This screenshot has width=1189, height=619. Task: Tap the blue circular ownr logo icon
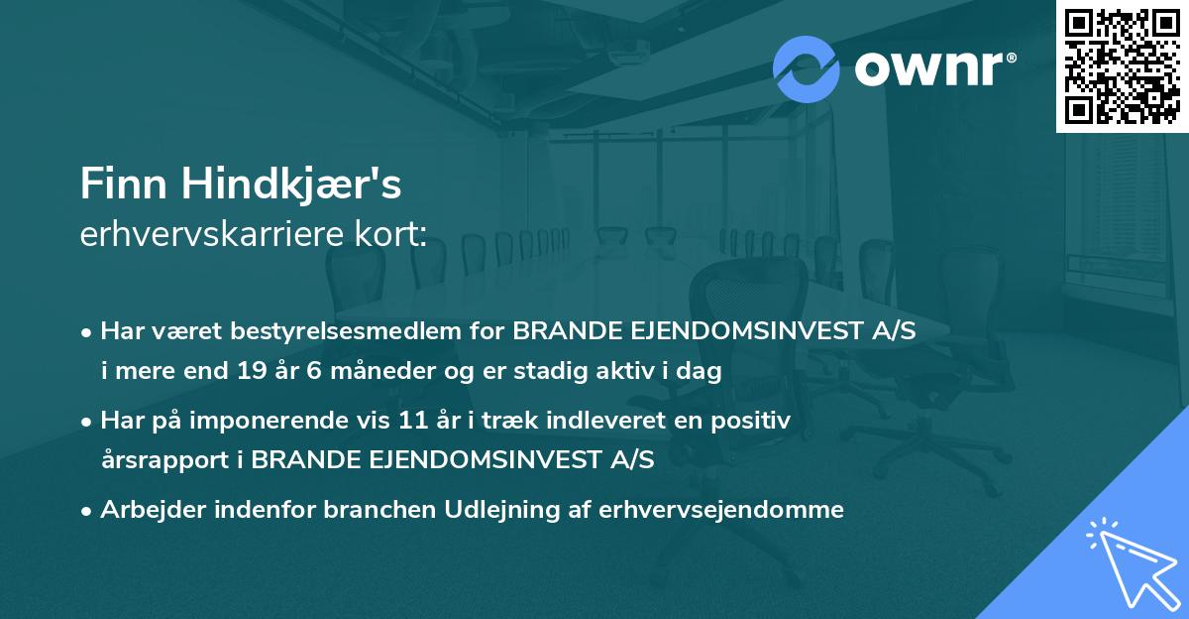(806, 69)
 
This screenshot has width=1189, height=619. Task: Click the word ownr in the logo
(927, 69)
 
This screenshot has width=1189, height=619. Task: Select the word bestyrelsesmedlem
(361, 330)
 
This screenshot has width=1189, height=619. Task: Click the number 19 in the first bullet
(250, 371)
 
